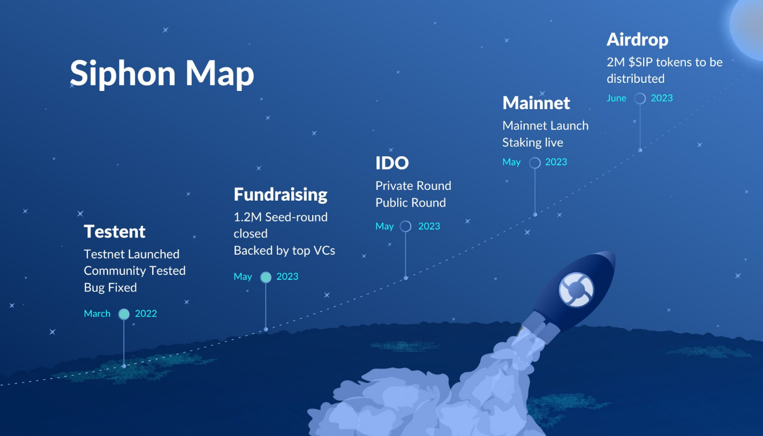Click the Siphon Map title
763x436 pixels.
coord(162,73)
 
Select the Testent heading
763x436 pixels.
coord(115,232)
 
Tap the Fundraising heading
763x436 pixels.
coord(280,194)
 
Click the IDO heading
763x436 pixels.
coord(392,163)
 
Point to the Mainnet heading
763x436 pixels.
coord(536,103)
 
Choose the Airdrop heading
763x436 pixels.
coord(637,40)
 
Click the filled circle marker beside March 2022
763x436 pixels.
coord(124,314)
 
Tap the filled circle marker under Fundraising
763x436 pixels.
coord(266,277)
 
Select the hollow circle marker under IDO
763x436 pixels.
coord(405,226)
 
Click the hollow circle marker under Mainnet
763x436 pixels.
coord(534,163)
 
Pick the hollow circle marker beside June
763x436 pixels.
coord(640,98)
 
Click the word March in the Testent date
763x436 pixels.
coord(97,313)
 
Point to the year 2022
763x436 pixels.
coord(146,313)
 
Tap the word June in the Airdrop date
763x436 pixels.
coord(616,98)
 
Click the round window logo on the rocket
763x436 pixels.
coord(576,290)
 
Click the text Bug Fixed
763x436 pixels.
coord(110,287)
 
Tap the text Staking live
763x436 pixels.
coord(532,142)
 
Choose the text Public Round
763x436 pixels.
coord(410,203)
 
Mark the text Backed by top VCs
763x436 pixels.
coord(284,250)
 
